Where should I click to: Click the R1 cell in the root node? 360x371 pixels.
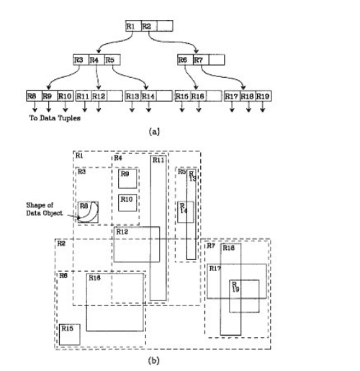pyautogui.click(x=130, y=26)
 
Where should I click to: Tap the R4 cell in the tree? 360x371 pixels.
pyautogui.click(x=94, y=59)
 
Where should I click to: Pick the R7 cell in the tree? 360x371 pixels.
pyautogui.click(x=197, y=59)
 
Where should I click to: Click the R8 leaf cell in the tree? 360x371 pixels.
pyautogui.click(x=32, y=95)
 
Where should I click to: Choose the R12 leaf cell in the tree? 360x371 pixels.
pyautogui.click(x=99, y=95)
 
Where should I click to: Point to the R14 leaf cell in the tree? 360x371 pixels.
pyautogui.click(x=148, y=95)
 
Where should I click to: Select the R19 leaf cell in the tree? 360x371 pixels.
pyautogui.click(x=263, y=95)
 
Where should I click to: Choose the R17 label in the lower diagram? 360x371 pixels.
pyautogui.click(x=215, y=268)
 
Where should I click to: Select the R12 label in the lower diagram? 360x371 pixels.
pyautogui.click(x=123, y=231)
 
